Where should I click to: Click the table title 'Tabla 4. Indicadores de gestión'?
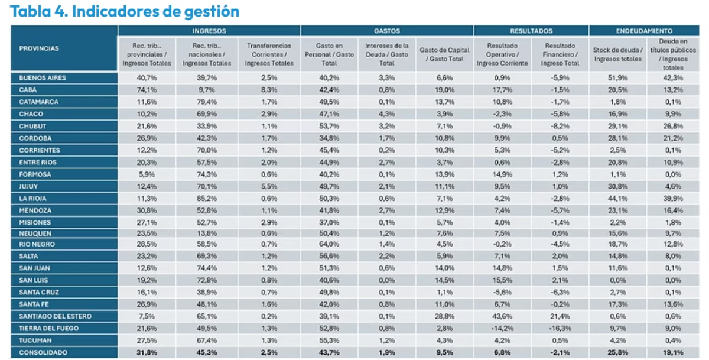pyautogui.click(x=125, y=12)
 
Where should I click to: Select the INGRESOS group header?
pyautogui.click(x=209, y=31)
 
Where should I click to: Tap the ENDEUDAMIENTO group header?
pyautogui.click(x=644, y=31)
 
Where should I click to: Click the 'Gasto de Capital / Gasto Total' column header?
pyautogui.click(x=445, y=54)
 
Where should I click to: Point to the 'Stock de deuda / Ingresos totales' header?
pyautogui.click(x=618, y=54)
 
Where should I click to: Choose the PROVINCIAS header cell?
pyautogui.click(x=39, y=48)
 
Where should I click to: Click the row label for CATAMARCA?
pyautogui.click(x=38, y=102)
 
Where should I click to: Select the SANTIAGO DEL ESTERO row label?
pyautogui.click(x=55, y=316)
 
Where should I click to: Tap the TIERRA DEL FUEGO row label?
pyautogui.click(x=48, y=328)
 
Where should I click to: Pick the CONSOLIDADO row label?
pyautogui.click(x=43, y=352)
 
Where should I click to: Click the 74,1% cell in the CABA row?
pyautogui.click(x=147, y=90)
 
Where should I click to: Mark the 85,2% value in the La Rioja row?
pyautogui.click(x=207, y=199)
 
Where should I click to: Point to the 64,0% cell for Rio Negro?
pyautogui.click(x=329, y=244)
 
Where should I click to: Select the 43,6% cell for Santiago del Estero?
pyautogui.click(x=502, y=316)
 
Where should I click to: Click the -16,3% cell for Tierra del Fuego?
pyautogui.click(x=560, y=328)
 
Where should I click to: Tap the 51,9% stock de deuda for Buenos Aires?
pyautogui.click(x=618, y=78)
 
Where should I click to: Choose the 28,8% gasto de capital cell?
pyautogui.click(x=445, y=316)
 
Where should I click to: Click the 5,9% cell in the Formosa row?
pyautogui.click(x=147, y=174)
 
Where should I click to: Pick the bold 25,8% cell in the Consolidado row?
pyautogui.click(x=618, y=352)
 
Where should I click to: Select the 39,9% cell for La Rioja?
pyautogui.click(x=673, y=199)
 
